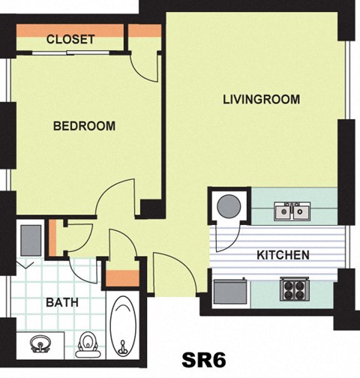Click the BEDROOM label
pyautogui.click(x=84, y=126)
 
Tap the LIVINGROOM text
pyautogui.click(x=261, y=99)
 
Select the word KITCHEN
pyautogui.click(x=283, y=255)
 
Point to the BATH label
pyautogui.click(x=62, y=302)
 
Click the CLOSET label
pyautogui.click(x=70, y=39)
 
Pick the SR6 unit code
pyautogui.click(x=204, y=360)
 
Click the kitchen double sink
pyautogui.click(x=292, y=211)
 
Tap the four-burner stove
pyautogui.click(x=295, y=289)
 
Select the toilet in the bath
pyautogui.click(x=88, y=345)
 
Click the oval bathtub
pyautogui.click(x=123, y=326)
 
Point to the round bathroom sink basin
pyautogui.click(x=40, y=344)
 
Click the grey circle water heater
pyautogui.click(x=229, y=206)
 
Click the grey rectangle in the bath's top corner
pyautogui.click(x=31, y=240)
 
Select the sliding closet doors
pyautogui.click(x=70, y=52)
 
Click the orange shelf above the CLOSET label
pyautogui.click(x=70, y=31)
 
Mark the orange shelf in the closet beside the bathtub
pyautogui.click(x=122, y=278)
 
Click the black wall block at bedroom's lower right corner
pyautogui.click(x=151, y=208)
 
